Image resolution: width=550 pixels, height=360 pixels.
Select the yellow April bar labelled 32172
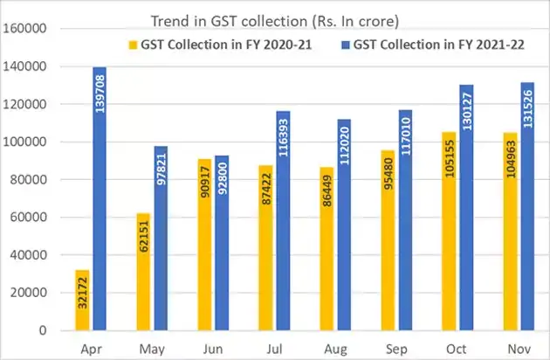click(x=82, y=301)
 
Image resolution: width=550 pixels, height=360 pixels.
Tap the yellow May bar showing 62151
click(x=142, y=273)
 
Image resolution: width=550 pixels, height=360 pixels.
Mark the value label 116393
click(x=283, y=139)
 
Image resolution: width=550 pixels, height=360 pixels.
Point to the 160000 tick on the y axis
click(x=30, y=29)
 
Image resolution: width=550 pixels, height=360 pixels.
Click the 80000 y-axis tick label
click(x=33, y=180)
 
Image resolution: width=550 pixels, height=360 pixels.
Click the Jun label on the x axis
click(x=213, y=348)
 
